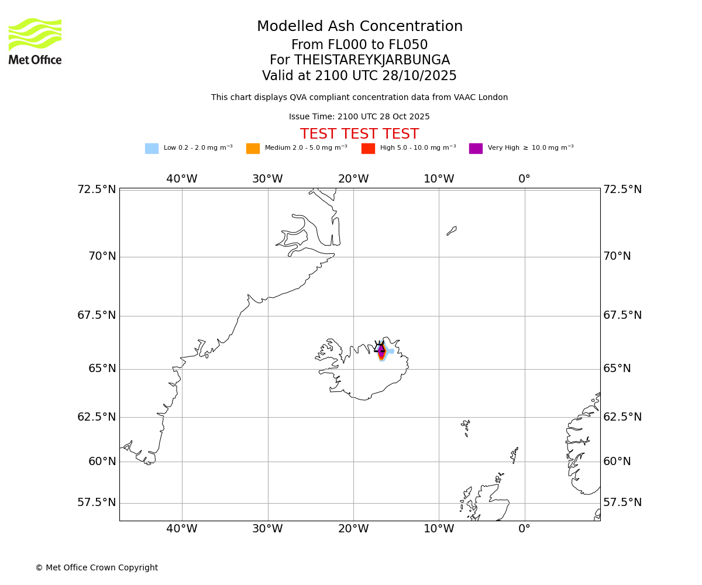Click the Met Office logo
[x=35, y=41]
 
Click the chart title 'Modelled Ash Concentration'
[x=360, y=27]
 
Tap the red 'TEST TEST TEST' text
[x=359, y=135]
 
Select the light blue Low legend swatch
[x=152, y=149]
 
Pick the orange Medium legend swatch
[x=253, y=149]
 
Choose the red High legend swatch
[x=368, y=149]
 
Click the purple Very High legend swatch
[x=476, y=149]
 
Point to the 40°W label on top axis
[x=182, y=179]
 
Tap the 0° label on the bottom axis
[x=524, y=529]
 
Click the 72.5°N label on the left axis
[x=97, y=190]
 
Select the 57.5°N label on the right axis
[x=622, y=503]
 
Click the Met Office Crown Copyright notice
[x=97, y=568]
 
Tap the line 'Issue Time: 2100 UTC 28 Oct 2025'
[x=359, y=117]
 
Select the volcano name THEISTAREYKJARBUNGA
[x=372, y=60]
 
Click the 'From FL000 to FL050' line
[x=359, y=45]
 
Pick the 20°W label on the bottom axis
[x=353, y=529]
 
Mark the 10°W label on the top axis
[x=439, y=179]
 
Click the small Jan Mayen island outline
[x=452, y=231]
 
